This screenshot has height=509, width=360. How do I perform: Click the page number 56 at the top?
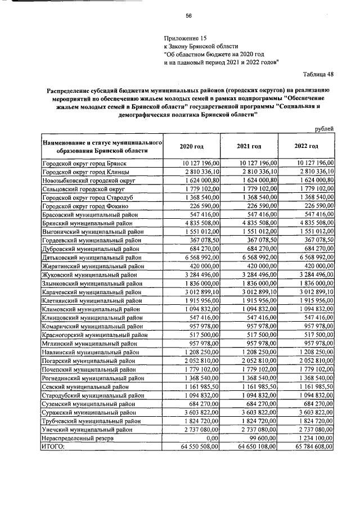pyautogui.click(x=189, y=16)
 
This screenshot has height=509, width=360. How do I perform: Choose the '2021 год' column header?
pyautogui.click(x=249, y=146)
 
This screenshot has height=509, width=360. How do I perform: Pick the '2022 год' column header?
pyautogui.click(x=306, y=146)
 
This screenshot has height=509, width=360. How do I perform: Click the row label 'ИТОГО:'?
pyautogui.click(x=54, y=446)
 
